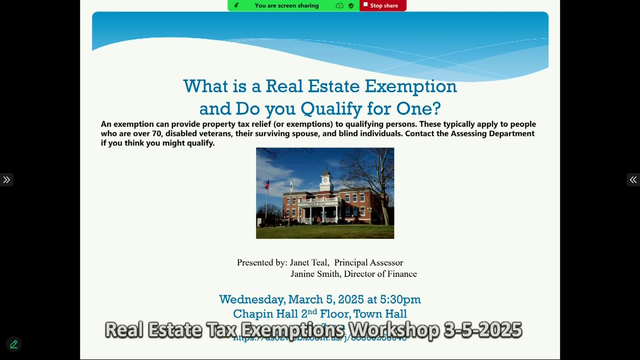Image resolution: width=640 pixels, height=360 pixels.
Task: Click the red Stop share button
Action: click(x=383, y=6)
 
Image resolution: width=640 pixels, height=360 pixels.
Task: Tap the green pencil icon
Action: click(x=14, y=344)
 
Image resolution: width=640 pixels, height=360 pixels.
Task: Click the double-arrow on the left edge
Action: click(x=6, y=180)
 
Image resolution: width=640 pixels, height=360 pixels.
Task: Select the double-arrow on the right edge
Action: click(x=633, y=180)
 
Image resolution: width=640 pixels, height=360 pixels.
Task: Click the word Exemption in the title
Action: click(x=410, y=86)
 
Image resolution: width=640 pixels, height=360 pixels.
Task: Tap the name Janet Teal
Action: click(x=309, y=263)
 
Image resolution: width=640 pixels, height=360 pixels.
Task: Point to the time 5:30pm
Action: click(x=400, y=299)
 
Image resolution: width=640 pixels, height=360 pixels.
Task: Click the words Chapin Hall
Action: click(x=265, y=314)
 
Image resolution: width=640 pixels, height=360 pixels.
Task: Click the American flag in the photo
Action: click(x=267, y=184)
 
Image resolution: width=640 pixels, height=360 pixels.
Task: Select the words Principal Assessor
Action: click(x=368, y=263)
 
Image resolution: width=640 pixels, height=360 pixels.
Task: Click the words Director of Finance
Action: click(x=380, y=274)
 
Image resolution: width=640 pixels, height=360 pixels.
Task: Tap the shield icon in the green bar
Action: click(x=351, y=6)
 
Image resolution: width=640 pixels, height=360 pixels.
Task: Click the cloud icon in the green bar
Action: click(x=339, y=6)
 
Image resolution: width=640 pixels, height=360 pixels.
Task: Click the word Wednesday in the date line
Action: click(x=252, y=299)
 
